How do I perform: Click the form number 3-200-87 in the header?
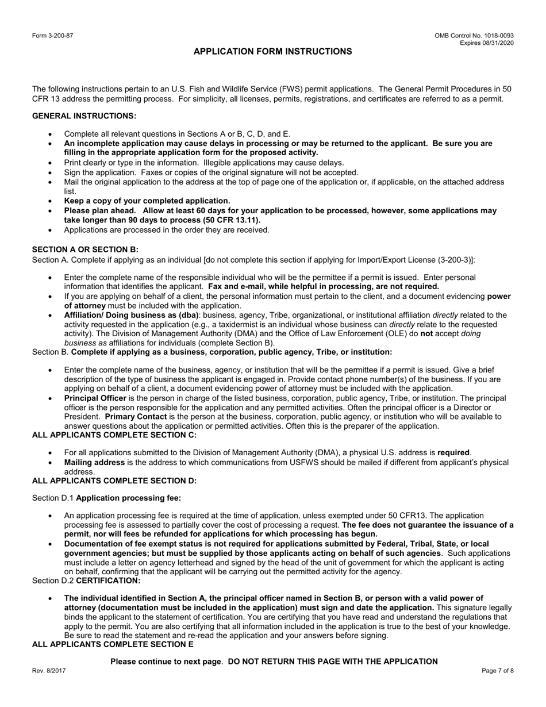[x=52, y=36]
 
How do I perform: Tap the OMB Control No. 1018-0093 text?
[x=474, y=36]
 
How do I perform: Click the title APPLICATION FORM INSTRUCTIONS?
[x=272, y=52]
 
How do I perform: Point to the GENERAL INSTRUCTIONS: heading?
[x=84, y=116]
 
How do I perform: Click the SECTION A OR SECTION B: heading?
[x=85, y=249]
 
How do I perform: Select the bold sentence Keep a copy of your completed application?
[x=147, y=201]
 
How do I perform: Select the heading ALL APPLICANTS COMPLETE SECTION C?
[x=114, y=435]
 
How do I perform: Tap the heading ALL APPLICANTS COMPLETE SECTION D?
[x=114, y=481]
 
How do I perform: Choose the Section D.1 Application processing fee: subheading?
[x=106, y=498]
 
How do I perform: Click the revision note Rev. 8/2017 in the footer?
[x=48, y=671]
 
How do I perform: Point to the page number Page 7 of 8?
[x=497, y=671]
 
